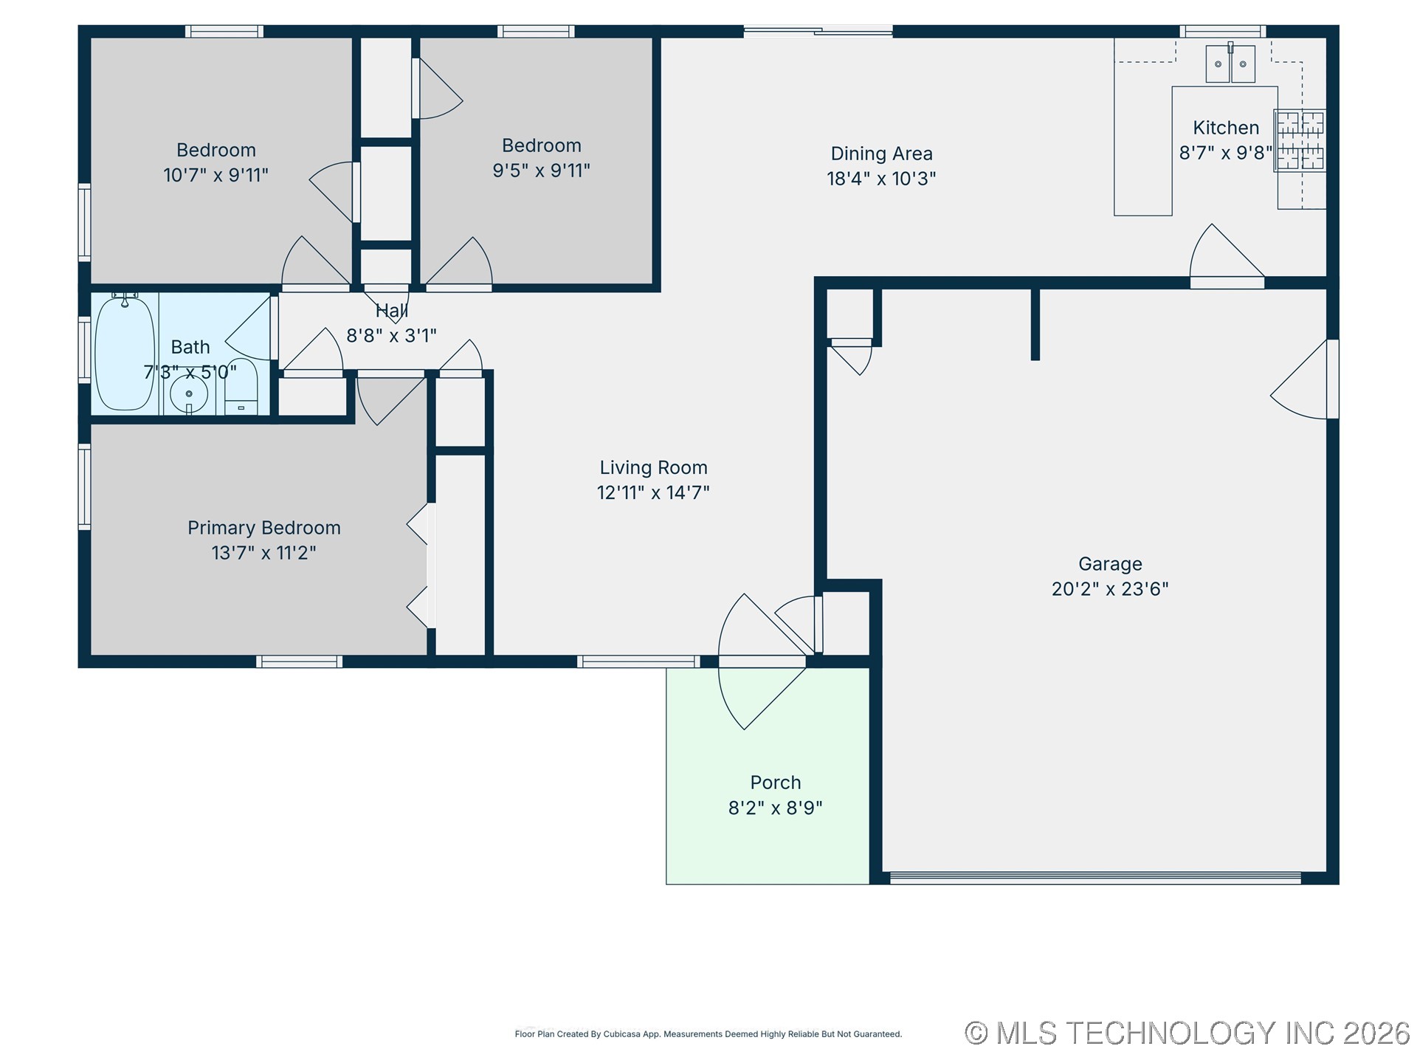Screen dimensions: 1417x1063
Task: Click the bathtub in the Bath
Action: click(x=125, y=353)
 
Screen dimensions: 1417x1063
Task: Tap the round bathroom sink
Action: click(x=189, y=394)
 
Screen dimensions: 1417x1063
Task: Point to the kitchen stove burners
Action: click(x=1300, y=140)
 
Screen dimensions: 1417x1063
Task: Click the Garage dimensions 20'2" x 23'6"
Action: click(x=1110, y=589)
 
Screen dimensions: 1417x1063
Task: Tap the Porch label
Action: click(x=775, y=782)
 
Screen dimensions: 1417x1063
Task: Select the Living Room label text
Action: click(x=653, y=467)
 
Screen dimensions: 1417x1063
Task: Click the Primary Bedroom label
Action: click(x=263, y=528)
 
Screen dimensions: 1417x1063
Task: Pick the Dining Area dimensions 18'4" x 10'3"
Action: click(x=881, y=179)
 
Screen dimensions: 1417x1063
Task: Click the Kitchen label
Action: click(x=1226, y=128)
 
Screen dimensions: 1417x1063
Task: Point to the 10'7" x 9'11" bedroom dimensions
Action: click(x=216, y=176)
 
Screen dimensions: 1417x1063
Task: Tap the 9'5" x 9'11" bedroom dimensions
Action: click(x=541, y=171)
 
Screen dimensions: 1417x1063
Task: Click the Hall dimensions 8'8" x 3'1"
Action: click(x=391, y=336)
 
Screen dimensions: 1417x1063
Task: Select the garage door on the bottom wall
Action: click(x=1095, y=878)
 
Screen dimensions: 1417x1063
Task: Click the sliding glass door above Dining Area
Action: click(x=818, y=31)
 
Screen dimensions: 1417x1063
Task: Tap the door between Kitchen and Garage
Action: click(x=1227, y=257)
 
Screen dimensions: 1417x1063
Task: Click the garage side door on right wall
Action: click(x=1304, y=379)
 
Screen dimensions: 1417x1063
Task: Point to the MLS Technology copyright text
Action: click(x=1187, y=1033)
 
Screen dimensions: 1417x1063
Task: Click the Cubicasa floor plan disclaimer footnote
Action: click(x=708, y=1034)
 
